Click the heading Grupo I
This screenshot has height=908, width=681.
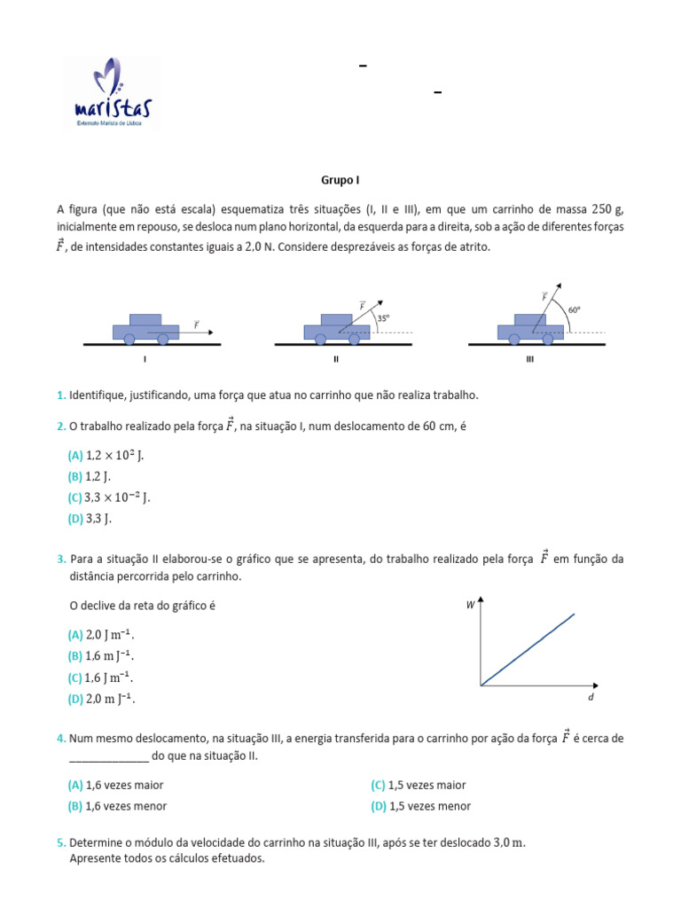coord(340,179)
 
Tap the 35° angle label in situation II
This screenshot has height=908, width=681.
coord(382,317)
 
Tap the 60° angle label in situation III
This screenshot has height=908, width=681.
coord(575,310)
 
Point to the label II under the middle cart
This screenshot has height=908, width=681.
coord(336,360)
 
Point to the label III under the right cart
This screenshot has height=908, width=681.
coord(530,360)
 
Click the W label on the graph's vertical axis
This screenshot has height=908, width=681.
coord(470,605)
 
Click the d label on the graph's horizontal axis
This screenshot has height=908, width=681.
coord(591,699)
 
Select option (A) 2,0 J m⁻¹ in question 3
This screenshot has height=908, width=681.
coord(103,635)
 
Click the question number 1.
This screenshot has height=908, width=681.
coord(60,395)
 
